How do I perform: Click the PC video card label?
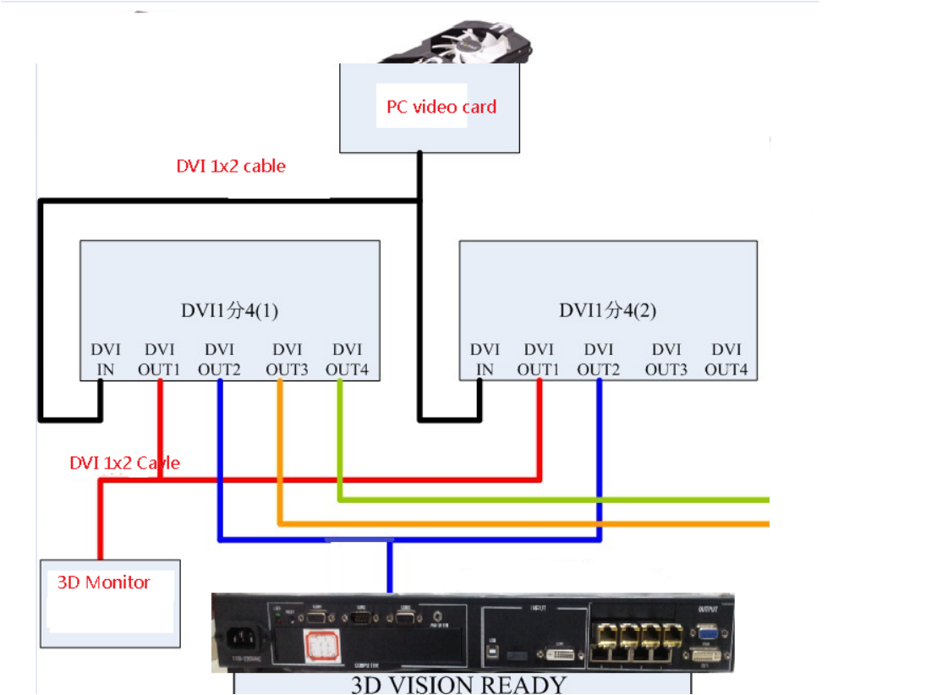click(441, 107)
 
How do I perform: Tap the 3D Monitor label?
click(103, 583)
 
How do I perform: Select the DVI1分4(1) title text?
click(229, 310)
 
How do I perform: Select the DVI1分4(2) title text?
click(608, 310)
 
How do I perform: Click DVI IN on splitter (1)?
click(106, 359)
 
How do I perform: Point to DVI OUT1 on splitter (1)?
click(161, 359)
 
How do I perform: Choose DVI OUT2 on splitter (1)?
click(219, 359)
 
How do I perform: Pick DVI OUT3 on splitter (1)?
click(287, 359)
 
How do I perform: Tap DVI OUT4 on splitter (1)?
click(347, 359)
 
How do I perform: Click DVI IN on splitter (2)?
click(485, 359)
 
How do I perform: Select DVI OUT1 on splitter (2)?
click(539, 359)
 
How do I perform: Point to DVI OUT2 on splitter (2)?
click(599, 359)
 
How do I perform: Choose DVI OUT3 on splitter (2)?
click(666, 359)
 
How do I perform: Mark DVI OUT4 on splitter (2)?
click(726, 359)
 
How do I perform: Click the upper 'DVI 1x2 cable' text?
click(230, 167)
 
